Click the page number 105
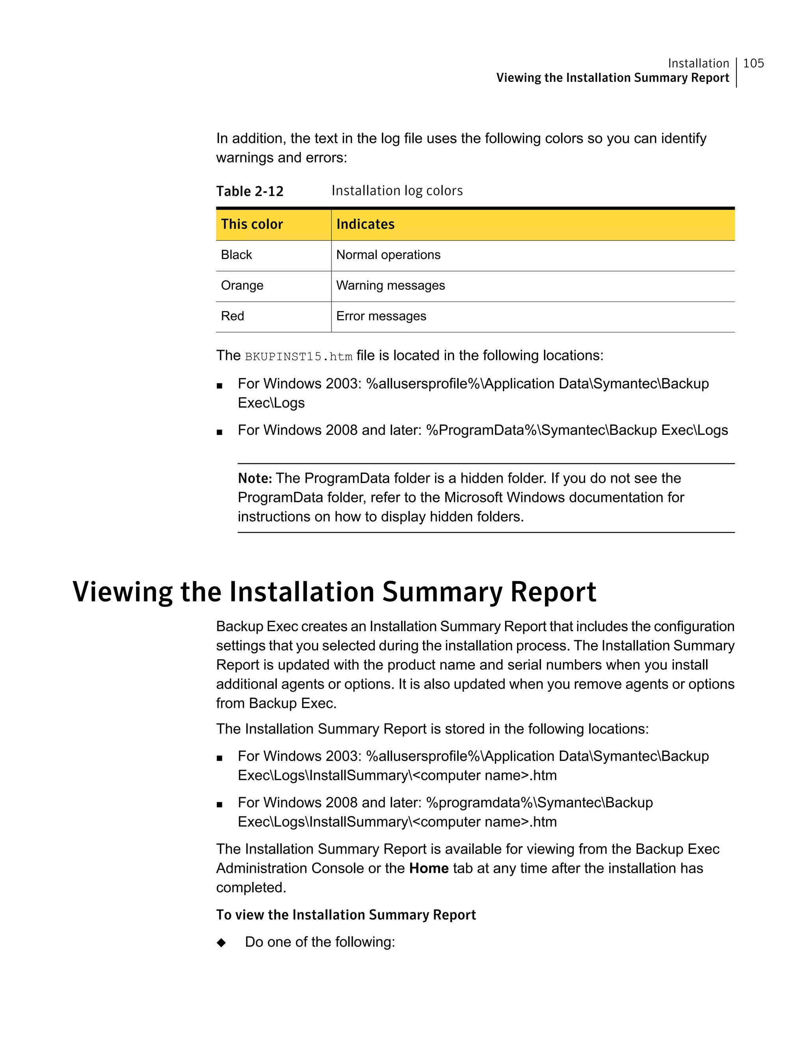pos(753,63)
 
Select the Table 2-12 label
pos(249,191)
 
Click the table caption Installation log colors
pos(397,190)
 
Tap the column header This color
pos(252,224)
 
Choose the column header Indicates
pos(365,224)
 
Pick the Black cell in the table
pos(236,255)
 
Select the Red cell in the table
pos(232,316)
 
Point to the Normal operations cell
pos(388,255)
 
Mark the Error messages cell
pos(381,316)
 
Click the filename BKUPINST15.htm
pos(298,356)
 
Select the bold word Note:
pos(255,478)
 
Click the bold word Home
pos(428,868)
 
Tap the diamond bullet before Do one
pos(221,943)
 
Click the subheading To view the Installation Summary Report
pos(346,915)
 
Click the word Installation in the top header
pos(698,63)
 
